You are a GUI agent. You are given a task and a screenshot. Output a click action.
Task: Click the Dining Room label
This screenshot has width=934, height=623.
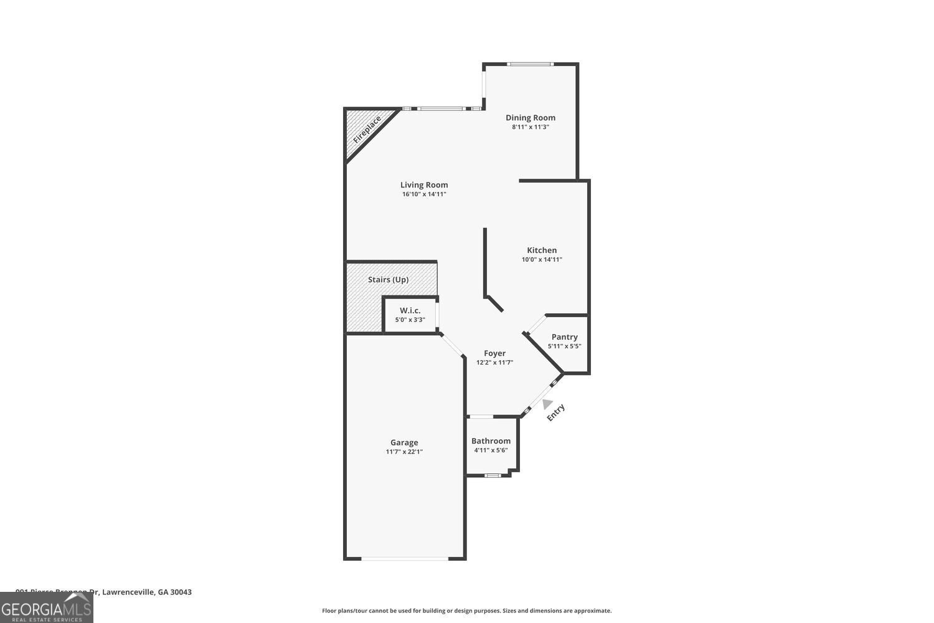pyautogui.click(x=530, y=118)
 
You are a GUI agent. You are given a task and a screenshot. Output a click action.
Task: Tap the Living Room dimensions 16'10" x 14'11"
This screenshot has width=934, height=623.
pyautogui.click(x=424, y=194)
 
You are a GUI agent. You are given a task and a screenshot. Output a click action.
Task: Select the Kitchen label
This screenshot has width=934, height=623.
pyautogui.click(x=542, y=250)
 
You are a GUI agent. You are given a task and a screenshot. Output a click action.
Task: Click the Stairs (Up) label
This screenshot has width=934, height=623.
pyautogui.click(x=388, y=280)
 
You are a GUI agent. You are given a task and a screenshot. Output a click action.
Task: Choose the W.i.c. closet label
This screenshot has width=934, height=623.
pyautogui.click(x=410, y=310)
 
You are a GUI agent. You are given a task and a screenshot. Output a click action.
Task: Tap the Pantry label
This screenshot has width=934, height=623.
pyautogui.click(x=564, y=337)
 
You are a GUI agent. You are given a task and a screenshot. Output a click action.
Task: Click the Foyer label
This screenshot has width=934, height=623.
pyautogui.click(x=494, y=353)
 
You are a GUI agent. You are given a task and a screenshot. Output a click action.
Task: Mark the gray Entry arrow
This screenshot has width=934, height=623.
pyautogui.click(x=547, y=404)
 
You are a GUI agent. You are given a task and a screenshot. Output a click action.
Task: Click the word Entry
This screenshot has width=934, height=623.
pyautogui.click(x=555, y=412)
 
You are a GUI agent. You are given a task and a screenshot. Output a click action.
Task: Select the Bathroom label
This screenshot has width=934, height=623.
pyautogui.click(x=491, y=441)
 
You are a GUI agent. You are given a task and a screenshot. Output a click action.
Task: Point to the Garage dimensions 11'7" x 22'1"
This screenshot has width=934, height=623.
pyautogui.click(x=404, y=452)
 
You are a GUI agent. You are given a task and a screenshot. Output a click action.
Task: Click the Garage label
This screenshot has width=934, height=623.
pyautogui.click(x=404, y=442)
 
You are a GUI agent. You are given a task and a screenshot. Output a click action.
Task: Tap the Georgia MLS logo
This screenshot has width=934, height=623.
pyautogui.click(x=46, y=607)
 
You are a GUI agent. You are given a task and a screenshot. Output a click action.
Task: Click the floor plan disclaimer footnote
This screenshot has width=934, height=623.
pyautogui.click(x=466, y=611)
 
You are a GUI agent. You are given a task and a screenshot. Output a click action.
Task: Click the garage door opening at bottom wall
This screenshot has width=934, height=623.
pyautogui.click(x=405, y=558)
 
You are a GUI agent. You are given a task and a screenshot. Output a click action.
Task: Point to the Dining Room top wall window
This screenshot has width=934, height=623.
pyautogui.click(x=529, y=64)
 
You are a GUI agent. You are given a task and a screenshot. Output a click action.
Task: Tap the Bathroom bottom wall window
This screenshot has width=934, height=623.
pyautogui.click(x=493, y=475)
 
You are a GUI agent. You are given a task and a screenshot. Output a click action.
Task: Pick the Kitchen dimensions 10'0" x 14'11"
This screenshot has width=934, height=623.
pyautogui.click(x=542, y=260)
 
